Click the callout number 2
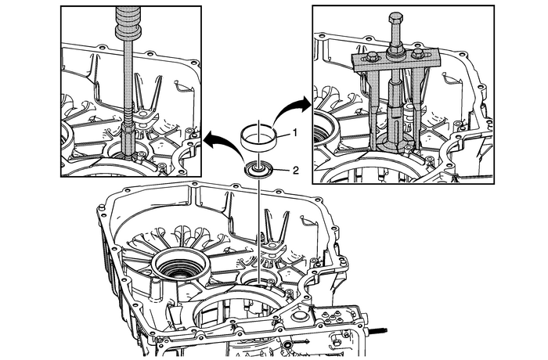click(296, 169)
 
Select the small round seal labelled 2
click(258, 168)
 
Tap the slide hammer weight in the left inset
click(126, 23)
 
